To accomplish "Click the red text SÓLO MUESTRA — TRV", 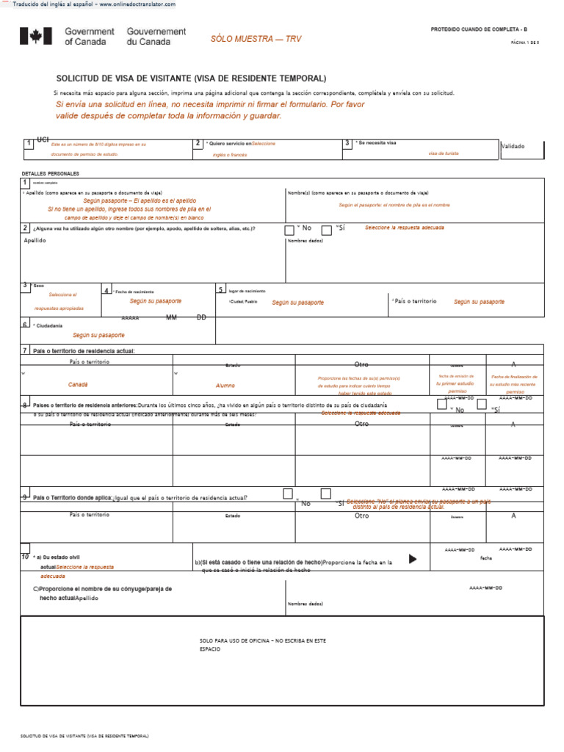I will click(x=256, y=38).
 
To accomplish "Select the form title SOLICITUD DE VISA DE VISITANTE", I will click(x=192, y=79).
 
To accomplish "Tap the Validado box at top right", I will click(x=522, y=147).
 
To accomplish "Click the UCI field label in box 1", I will click(x=43, y=139).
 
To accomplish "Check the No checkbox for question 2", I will click(x=289, y=231).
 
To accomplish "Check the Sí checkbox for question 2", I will click(x=327, y=231).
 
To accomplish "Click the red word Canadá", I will click(x=78, y=385).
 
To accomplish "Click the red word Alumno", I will click(x=225, y=385).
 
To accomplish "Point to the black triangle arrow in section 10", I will click(x=413, y=560).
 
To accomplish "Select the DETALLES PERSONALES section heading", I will click(x=51, y=174).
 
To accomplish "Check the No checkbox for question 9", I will click(x=288, y=493).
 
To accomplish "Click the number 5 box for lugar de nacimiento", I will click(x=220, y=290).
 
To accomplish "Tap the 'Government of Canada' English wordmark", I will click(x=90, y=37).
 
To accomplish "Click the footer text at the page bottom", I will click(x=84, y=735).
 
